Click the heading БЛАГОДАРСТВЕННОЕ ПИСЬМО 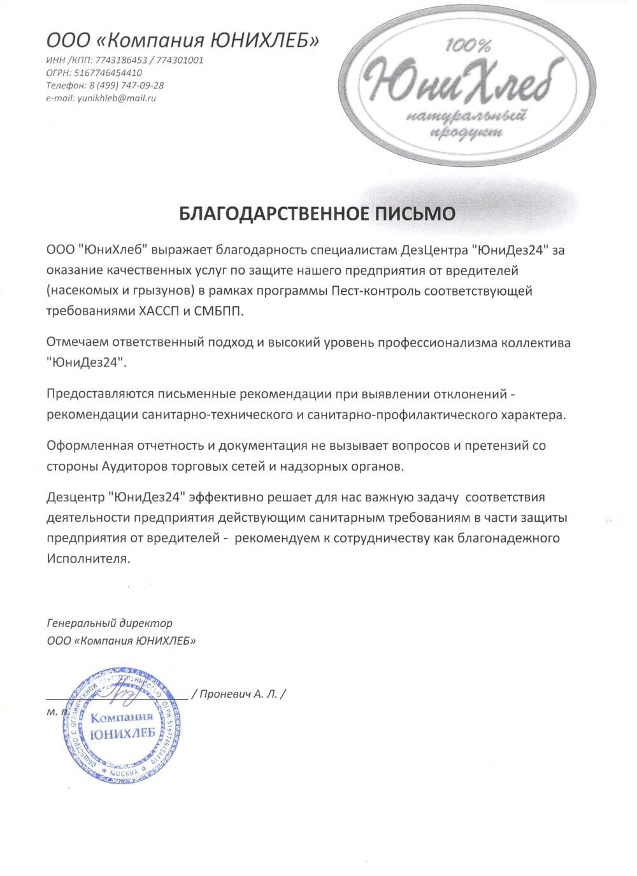coord(317,213)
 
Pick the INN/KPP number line coord(125,60)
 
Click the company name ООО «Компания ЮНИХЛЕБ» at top coord(183,41)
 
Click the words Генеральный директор coord(110,623)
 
